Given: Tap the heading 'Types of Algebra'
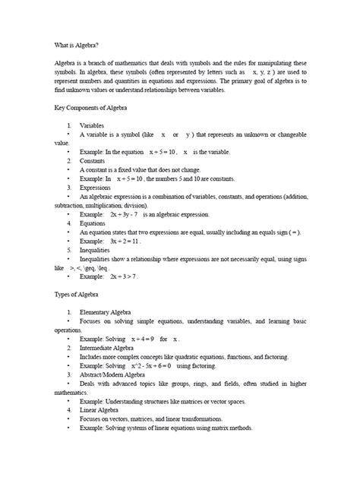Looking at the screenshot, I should click(83, 292).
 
